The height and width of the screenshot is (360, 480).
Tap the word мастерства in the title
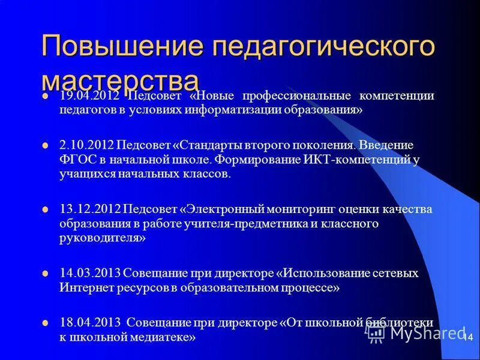click(120, 81)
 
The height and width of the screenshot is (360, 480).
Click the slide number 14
click(468, 338)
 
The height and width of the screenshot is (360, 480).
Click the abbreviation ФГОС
click(76, 160)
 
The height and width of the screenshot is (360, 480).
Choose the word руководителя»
click(102, 238)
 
